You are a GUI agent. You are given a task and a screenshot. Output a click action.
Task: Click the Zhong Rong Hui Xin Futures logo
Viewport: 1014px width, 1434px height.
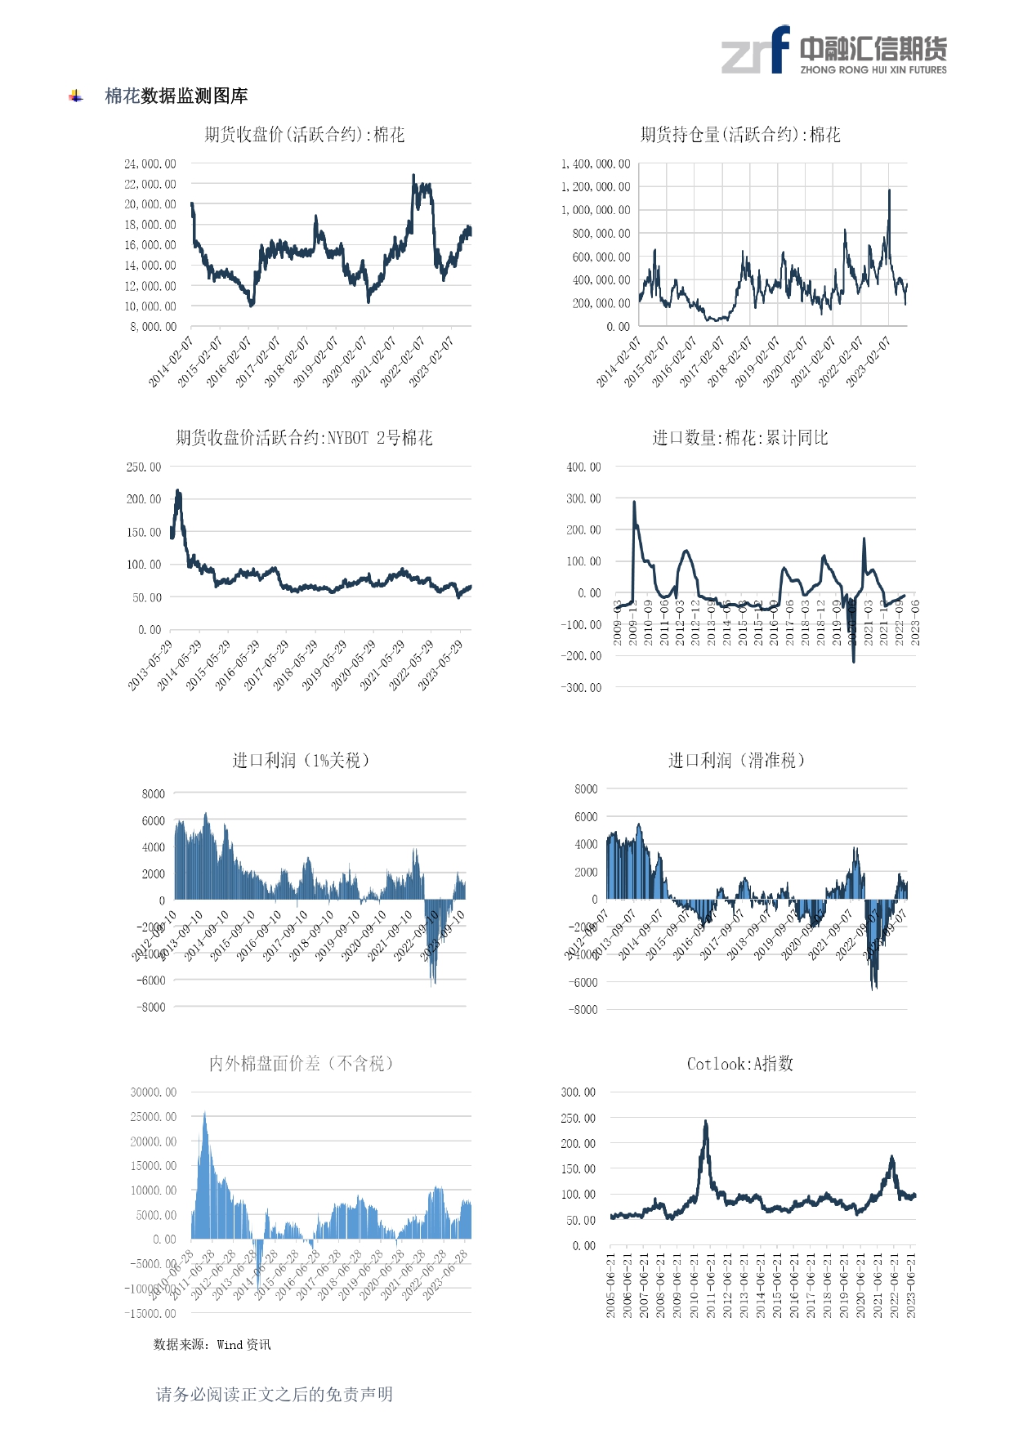tap(833, 51)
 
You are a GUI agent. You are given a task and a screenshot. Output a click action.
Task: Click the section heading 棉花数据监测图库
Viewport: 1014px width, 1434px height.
tap(176, 96)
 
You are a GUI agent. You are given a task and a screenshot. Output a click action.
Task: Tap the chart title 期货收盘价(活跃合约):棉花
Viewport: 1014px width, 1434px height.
tap(304, 135)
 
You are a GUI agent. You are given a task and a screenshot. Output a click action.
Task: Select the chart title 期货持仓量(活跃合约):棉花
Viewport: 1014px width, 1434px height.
tap(740, 135)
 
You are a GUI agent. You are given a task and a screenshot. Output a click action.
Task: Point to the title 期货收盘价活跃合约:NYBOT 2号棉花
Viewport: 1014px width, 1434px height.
tap(304, 438)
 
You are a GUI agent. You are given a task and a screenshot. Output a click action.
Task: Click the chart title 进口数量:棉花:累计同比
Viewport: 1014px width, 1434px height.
tap(739, 438)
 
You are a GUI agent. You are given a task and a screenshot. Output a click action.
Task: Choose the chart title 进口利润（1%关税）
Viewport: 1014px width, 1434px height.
tap(301, 761)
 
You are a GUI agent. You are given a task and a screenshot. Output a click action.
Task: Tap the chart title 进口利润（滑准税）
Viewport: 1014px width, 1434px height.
tap(737, 761)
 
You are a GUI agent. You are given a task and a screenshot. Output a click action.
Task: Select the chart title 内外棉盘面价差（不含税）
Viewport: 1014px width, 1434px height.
tap(302, 1064)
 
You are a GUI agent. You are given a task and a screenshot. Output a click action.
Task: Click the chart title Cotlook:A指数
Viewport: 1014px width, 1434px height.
tap(739, 1064)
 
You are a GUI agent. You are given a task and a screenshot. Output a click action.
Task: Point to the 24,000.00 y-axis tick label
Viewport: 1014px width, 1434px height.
tap(150, 164)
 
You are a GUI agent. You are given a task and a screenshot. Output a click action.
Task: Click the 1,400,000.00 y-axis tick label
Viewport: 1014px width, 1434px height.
tap(596, 164)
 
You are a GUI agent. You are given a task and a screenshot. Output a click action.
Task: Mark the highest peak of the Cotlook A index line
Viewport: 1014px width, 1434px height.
tap(706, 1122)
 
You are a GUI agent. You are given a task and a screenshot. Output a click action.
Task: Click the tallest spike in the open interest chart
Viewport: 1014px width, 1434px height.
tap(889, 190)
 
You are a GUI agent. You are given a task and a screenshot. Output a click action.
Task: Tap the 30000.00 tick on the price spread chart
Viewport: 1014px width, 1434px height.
tap(154, 1092)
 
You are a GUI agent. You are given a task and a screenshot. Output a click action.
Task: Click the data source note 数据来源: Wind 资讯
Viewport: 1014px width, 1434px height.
tap(212, 1345)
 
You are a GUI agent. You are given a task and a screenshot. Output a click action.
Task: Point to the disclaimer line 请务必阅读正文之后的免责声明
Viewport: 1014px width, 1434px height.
tap(275, 1395)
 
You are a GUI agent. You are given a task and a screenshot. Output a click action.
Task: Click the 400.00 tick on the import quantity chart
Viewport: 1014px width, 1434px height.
tap(583, 467)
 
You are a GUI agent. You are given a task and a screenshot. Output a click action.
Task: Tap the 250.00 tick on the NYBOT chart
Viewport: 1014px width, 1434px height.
tap(144, 467)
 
